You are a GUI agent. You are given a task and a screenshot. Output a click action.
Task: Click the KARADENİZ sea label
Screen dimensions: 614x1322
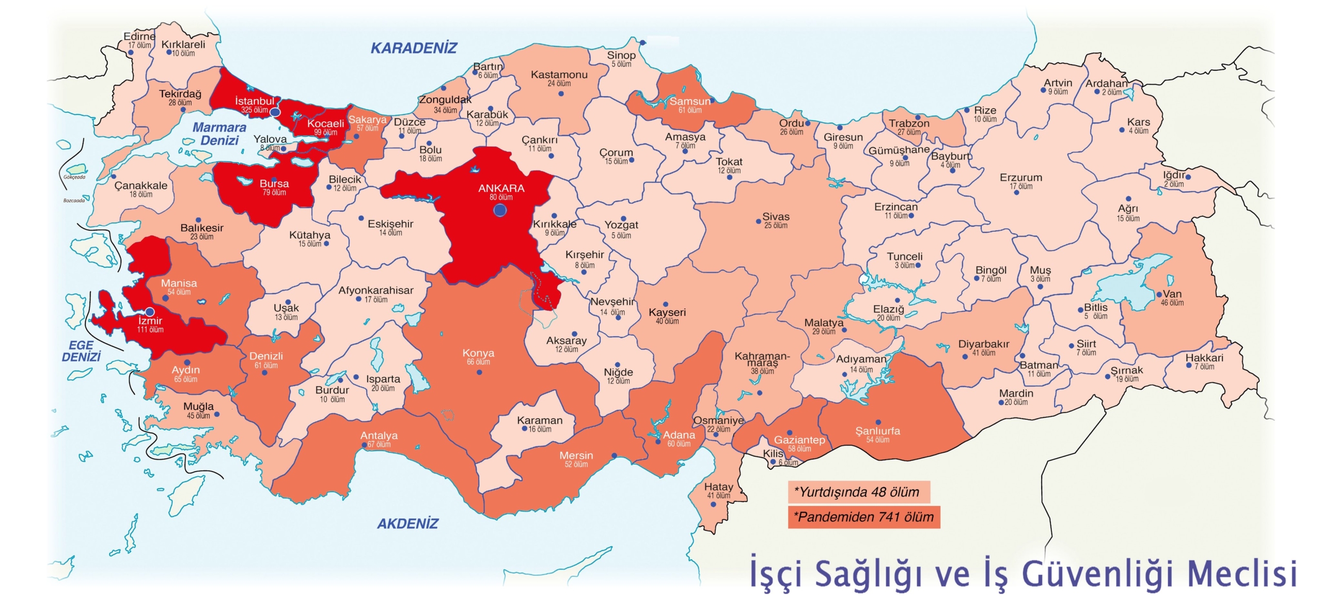click(414, 48)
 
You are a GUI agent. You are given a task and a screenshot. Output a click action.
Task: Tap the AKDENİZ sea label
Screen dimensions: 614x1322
click(407, 524)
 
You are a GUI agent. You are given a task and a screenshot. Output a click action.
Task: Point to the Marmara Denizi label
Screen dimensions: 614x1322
click(219, 134)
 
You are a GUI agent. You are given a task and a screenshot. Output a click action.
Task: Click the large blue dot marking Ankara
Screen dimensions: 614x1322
click(499, 210)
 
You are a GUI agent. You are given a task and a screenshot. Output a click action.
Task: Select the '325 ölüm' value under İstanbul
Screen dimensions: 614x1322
click(255, 110)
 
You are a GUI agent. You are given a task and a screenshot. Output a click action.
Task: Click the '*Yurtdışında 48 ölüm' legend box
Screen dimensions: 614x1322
click(858, 492)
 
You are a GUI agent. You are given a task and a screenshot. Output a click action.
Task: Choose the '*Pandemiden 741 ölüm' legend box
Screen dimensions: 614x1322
click(863, 517)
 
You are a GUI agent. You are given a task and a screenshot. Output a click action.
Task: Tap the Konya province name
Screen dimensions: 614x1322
click(478, 353)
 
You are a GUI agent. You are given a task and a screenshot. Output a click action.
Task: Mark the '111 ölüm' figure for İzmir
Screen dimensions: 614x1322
click(150, 329)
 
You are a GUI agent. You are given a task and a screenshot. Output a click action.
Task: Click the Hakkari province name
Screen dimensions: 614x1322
click(1204, 358)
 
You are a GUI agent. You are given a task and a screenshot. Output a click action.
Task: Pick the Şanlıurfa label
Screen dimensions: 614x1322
click(877, 431)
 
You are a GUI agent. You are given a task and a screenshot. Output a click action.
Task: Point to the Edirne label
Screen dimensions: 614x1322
click(139, 36)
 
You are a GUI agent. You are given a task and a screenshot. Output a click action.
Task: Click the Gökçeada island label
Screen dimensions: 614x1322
click(74, 177)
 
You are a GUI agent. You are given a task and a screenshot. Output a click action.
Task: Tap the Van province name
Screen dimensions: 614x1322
click(1172, 294)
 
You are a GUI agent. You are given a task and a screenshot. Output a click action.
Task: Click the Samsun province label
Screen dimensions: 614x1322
click(690, 101)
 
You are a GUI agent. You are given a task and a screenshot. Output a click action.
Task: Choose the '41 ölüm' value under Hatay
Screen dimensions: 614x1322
click(718, 496)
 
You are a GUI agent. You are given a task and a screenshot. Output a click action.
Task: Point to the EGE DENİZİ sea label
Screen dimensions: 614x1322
click(81, 351)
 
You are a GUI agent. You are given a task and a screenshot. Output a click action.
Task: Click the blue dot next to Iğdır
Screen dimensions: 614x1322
click(1188, 177)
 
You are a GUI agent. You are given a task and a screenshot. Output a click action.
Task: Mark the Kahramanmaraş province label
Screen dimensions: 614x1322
click(762, 359)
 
